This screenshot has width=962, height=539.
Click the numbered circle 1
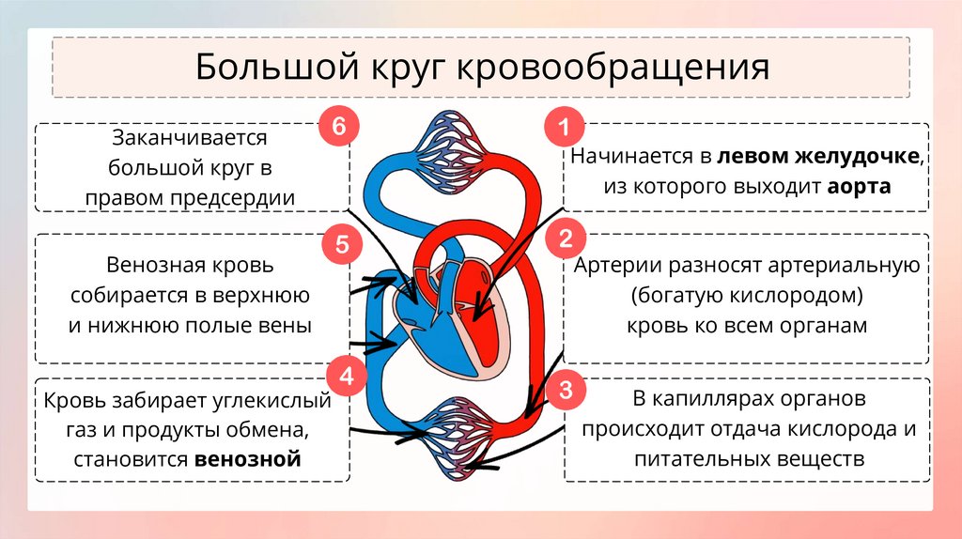tap(565, 127)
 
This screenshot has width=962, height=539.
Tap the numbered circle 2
tap(565, 239)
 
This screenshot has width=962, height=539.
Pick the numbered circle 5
tap(341, 245)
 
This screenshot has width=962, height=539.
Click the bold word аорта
tap(859, 186)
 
